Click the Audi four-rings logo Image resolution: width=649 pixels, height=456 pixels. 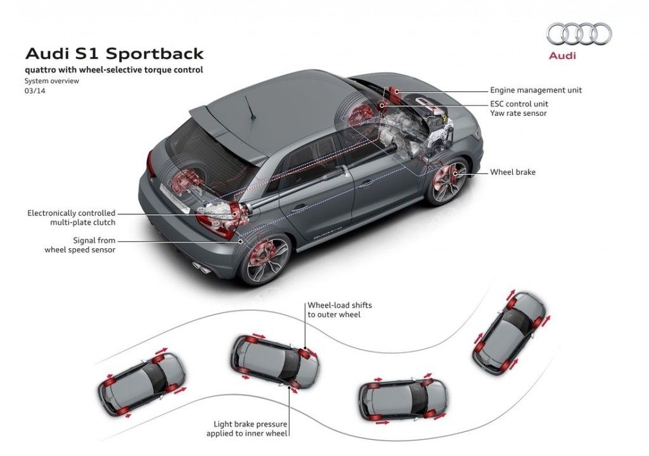pyautogui.click(x=579, y=34)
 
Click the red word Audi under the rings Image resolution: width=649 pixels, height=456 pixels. pyautogui.click(x=562, y=56)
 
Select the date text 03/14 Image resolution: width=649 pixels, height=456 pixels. pyautogui.click(x=35, y=91)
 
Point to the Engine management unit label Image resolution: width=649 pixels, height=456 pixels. pyautogui.click(x=536, y=90)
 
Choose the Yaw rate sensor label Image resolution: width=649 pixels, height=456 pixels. pyautogui.click(x=518, y=113)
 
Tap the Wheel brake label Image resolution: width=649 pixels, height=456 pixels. pyautogui.click(x=513, y=172)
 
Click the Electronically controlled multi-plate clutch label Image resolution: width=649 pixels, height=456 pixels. pyautogui.click(x=71, y=218)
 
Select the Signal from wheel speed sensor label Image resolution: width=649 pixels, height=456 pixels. pyautogui.click(x=80, y=245)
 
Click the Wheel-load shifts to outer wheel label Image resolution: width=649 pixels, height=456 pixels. pyautogui.click(x=340, y=310)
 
